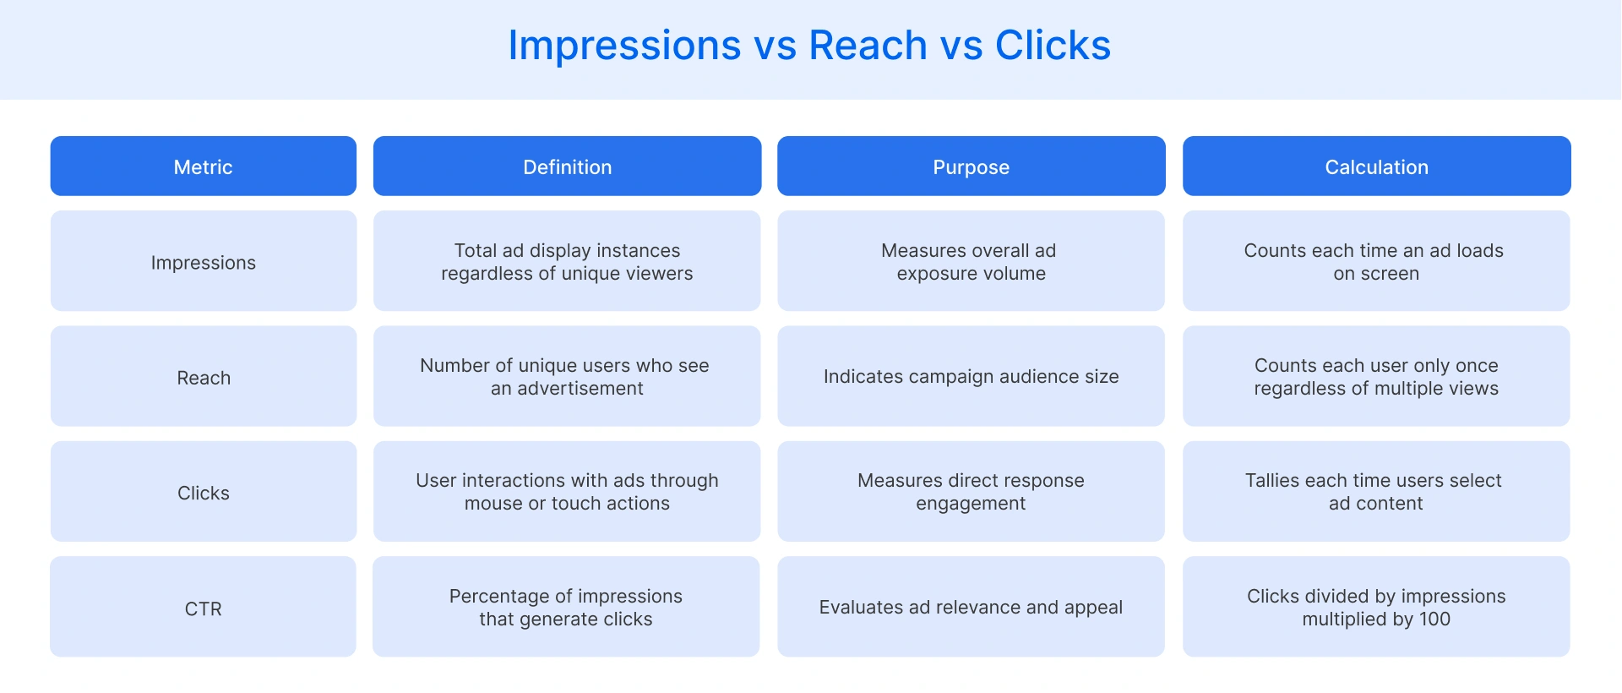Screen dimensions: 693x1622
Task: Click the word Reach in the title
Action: [x=868, y=46]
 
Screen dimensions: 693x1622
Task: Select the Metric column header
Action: [x=203, y=166]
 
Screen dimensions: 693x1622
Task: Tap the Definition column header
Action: [x=567, y=166]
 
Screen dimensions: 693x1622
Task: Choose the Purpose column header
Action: [x=971, y=166]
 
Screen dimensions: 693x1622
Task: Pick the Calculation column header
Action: [x=1376, y=166]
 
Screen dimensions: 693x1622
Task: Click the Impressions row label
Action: [x=203, y=262]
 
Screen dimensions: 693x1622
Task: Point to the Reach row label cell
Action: [x=203, y=377]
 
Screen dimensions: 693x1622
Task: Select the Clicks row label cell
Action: [x=203, y=492]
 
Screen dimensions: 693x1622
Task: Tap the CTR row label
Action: [x=203, y=608]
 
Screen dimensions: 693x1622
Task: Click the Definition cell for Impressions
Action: [x=567, y=261]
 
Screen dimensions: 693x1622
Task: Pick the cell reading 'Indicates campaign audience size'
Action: [x=971, y=376]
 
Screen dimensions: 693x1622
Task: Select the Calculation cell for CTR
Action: [x=1376, y=607]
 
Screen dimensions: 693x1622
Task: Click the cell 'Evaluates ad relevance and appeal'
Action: [x=971, y=607]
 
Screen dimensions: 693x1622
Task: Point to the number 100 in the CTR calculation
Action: [x=1434, y=619]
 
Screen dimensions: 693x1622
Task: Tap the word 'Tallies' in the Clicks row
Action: [x=1271, y=480]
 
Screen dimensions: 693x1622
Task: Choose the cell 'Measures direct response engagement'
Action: [x=971, y=492]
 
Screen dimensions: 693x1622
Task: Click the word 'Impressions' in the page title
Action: [x=624, y=46]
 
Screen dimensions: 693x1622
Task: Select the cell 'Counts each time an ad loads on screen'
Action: [x=1376, y=261]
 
